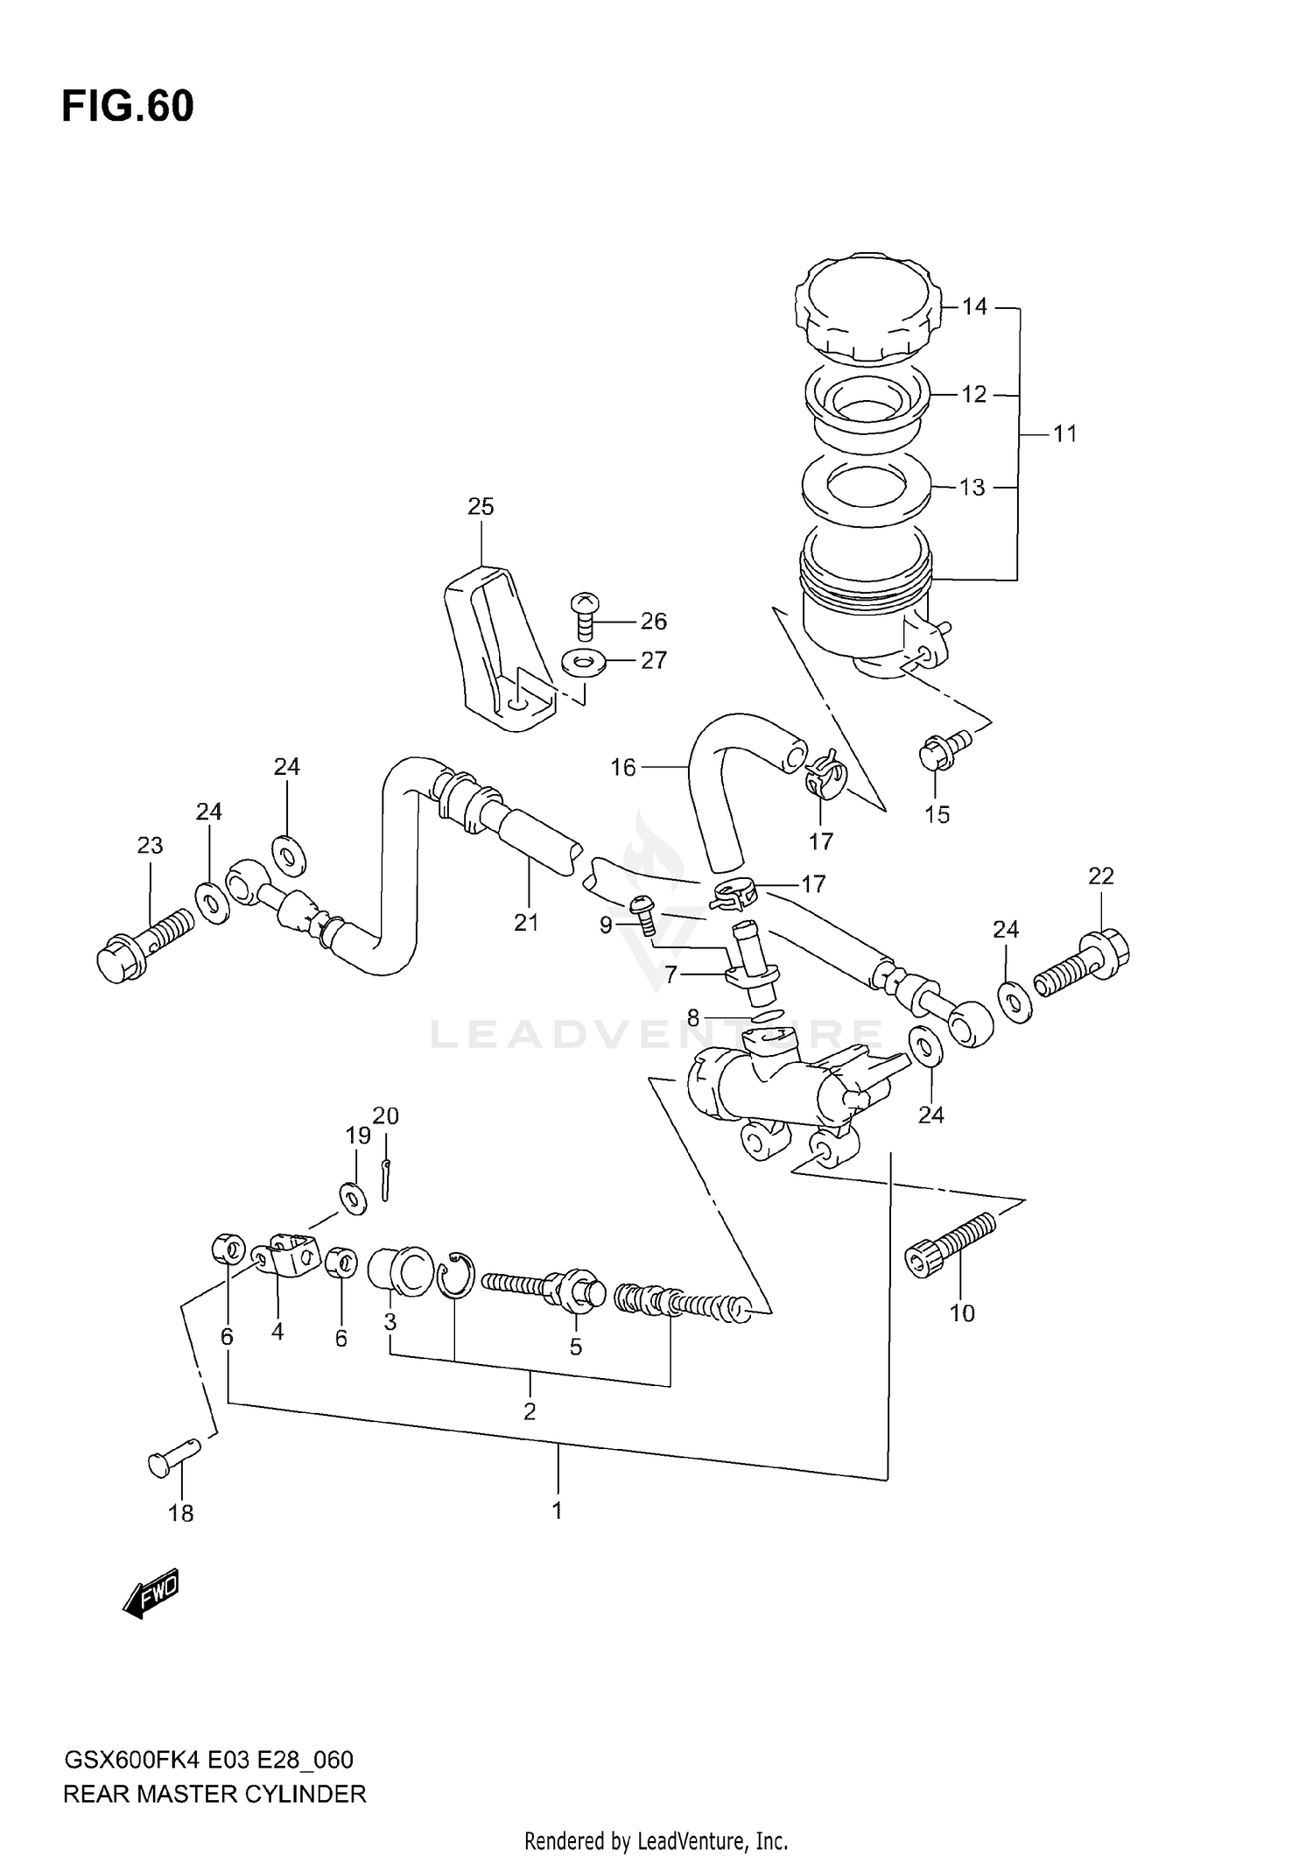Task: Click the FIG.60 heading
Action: [x=128, y=107]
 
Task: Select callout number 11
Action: [x=1064, y=433]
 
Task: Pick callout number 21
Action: [x=526, y=922]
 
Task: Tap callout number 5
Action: [x=575, y=1347]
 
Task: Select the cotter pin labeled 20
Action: [x=386, y=1180]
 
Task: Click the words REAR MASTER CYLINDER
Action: [x=214, y=1794]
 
